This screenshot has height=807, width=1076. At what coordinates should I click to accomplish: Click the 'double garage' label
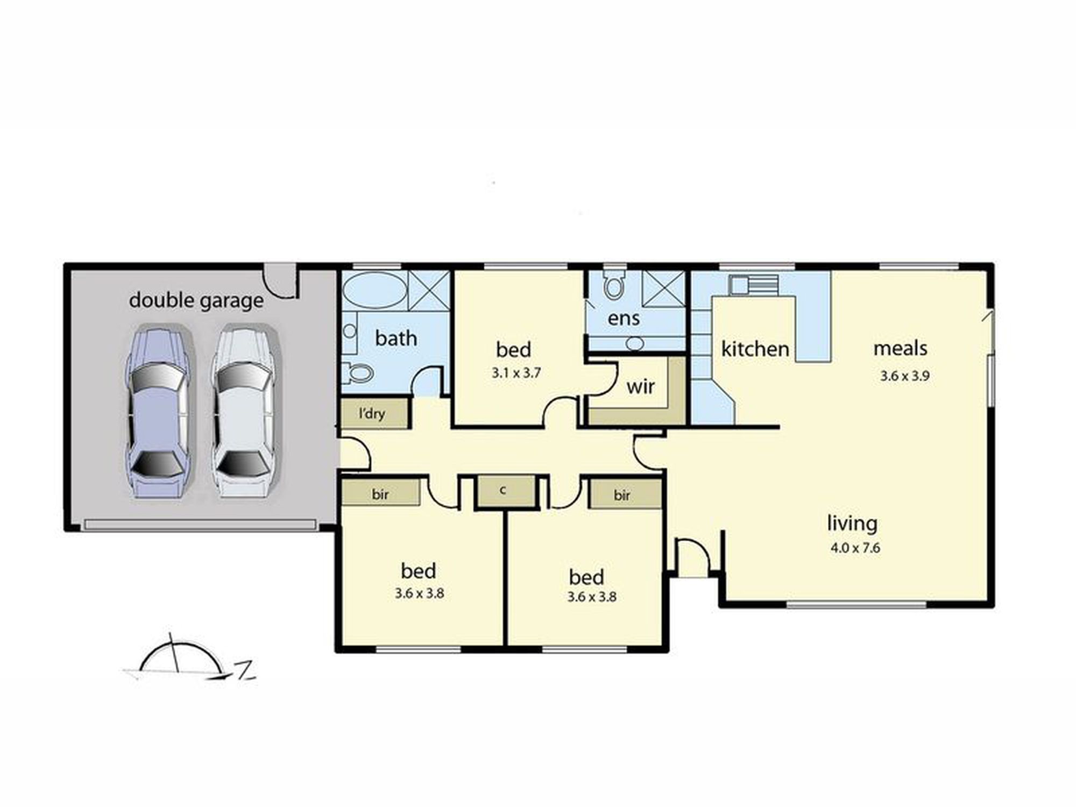[x=196, y=300]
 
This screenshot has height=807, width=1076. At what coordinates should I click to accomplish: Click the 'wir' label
[x=640, y=387]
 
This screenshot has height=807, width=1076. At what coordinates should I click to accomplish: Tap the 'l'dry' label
[x=372, y=413]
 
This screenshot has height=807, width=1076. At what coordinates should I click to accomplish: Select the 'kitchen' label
[x=755, y=349]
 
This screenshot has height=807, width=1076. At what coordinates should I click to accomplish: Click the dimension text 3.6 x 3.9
[x=904, y=376]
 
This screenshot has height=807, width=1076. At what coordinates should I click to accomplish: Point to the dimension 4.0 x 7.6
[x=855, y=548]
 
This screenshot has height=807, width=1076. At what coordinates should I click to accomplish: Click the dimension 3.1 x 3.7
[x=516, y=373]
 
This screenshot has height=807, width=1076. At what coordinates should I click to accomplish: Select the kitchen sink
[x=754, y=285]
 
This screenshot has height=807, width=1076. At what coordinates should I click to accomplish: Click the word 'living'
[x=852, y=523]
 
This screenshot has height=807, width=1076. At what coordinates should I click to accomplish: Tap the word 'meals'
[x=900, y=349]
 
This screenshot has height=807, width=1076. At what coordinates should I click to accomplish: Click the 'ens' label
[x=624, y=318]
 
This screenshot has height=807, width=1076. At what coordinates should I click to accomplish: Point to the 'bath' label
[x=396, y=338]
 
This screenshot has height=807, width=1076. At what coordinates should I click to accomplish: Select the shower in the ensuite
[x=664, y=289]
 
